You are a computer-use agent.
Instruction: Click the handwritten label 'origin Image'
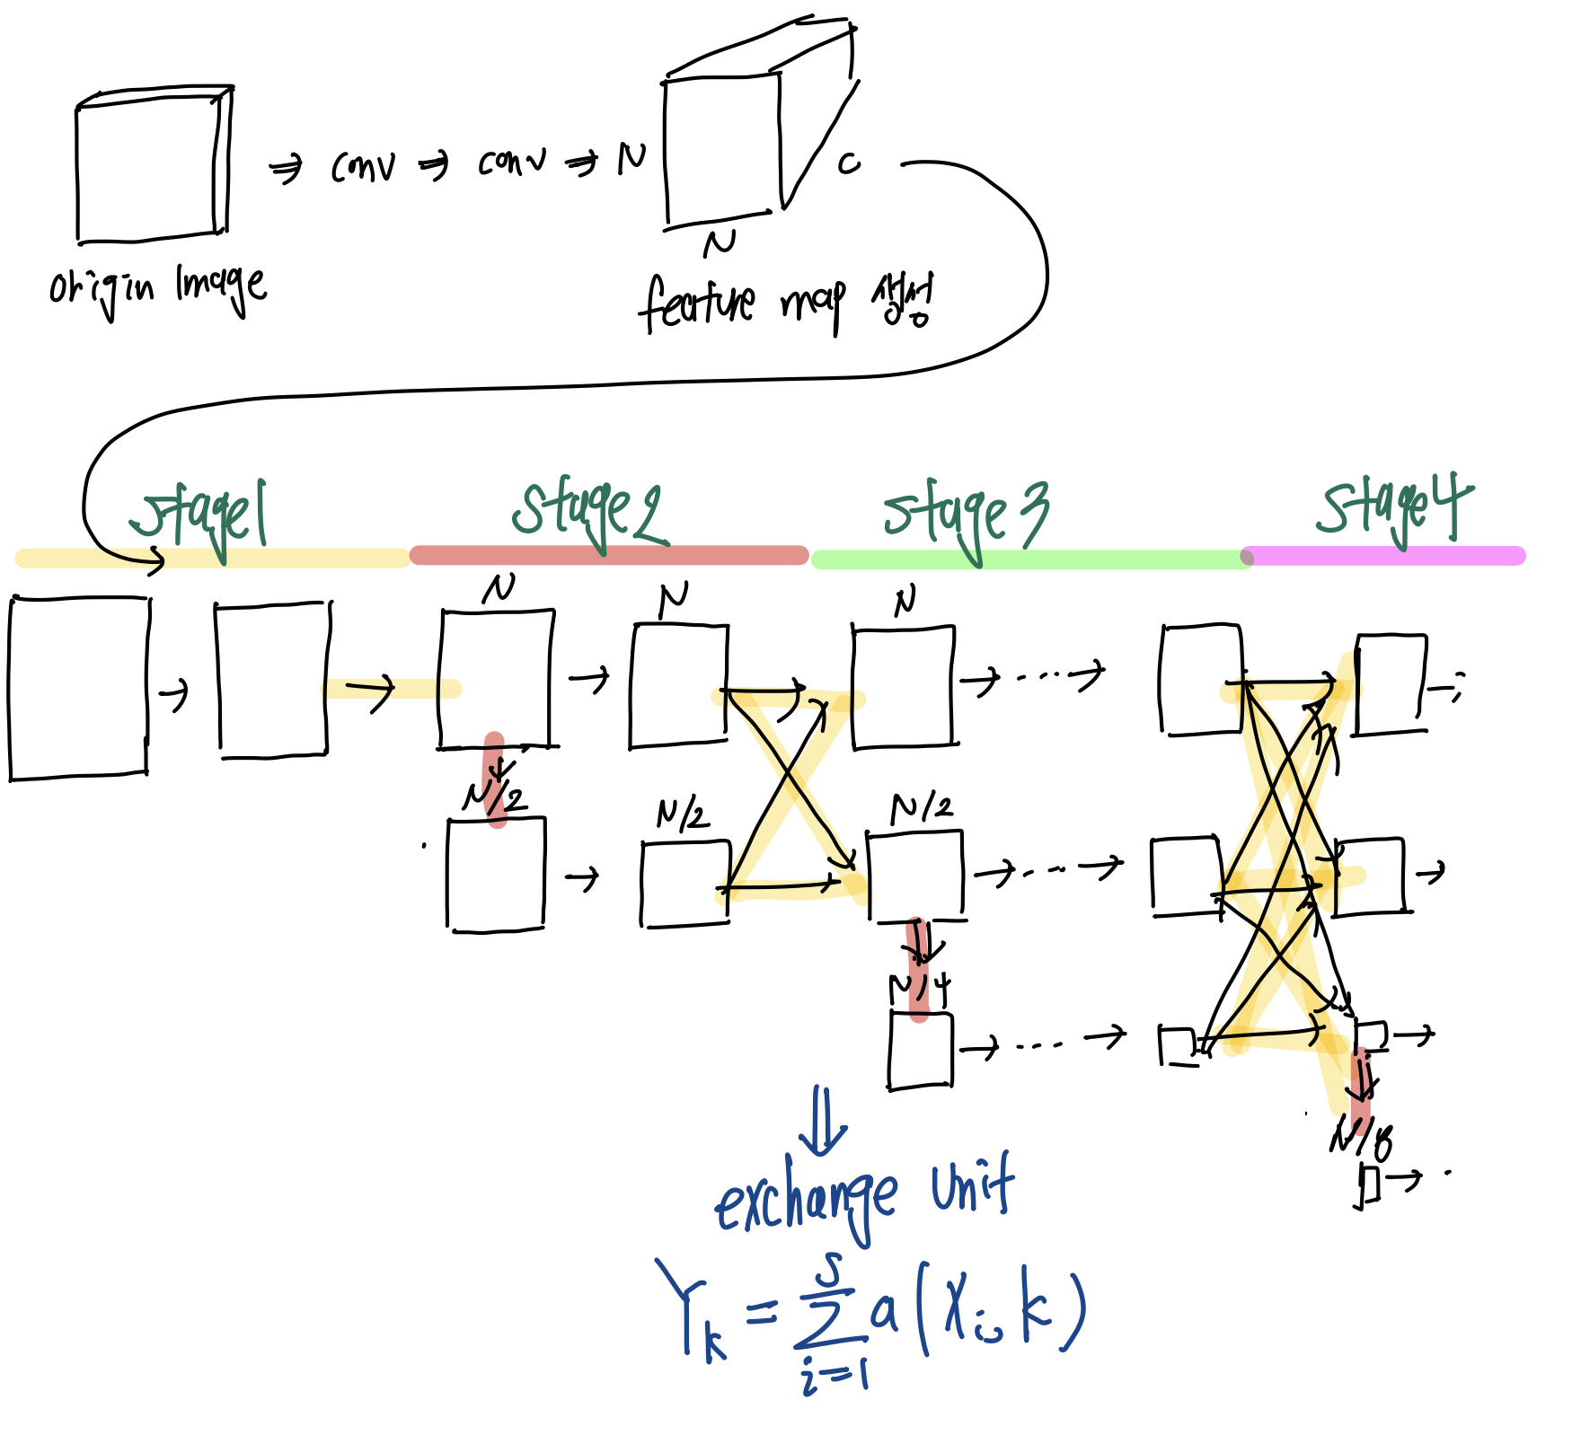tap(157, 287)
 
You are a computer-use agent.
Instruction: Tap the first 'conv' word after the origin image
tap(362, 166)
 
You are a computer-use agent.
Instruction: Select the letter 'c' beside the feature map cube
tap(848, 163)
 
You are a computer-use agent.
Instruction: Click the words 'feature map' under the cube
tap(741, 304)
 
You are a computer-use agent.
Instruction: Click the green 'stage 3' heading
tap(966, 516)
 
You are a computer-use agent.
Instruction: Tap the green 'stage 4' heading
tap(1395, 507)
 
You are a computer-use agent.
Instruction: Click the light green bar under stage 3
tap(1029, 559)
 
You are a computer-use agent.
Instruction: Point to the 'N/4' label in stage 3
tap(919, 989)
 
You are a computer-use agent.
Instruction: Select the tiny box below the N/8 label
tap(1368, 1185)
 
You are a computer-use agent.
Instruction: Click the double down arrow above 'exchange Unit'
tap(823, 1121)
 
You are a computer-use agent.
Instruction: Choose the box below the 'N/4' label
tap(921, 1051)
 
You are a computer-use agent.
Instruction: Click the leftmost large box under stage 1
tap(78, 687)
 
